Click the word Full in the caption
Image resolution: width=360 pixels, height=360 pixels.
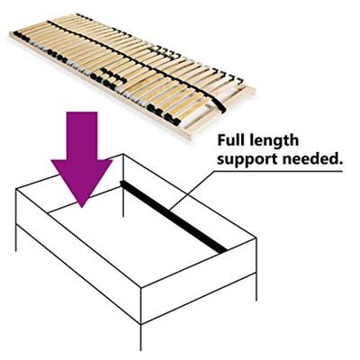[230, 139]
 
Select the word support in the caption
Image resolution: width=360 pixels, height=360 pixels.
[247, 160]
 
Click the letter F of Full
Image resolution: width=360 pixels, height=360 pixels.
[221, 140]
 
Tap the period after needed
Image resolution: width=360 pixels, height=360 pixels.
[340, 163]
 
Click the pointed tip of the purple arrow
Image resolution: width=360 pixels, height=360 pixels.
[82, 207]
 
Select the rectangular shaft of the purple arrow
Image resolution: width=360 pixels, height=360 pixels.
[82, 136]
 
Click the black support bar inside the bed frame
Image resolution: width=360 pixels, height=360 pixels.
[174, 216]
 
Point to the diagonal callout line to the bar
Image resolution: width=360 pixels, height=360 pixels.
[193, 190]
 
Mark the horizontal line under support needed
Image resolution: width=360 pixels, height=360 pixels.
[279, 171]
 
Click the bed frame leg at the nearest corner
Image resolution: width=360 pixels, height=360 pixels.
[140, 337]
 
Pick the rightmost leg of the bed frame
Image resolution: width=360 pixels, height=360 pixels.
[256, 287]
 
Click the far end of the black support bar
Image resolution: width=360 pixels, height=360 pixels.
[121, 182]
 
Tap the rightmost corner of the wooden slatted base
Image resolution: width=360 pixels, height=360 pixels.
[254, 89]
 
